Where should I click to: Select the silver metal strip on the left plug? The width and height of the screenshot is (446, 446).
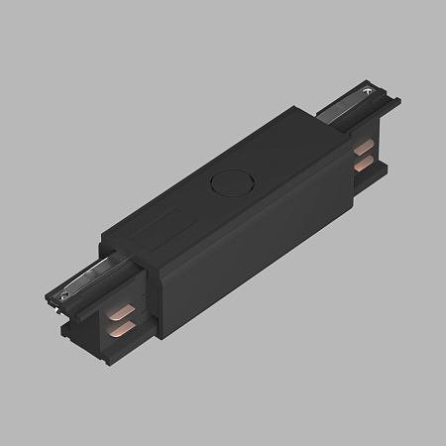pos(81,279)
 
